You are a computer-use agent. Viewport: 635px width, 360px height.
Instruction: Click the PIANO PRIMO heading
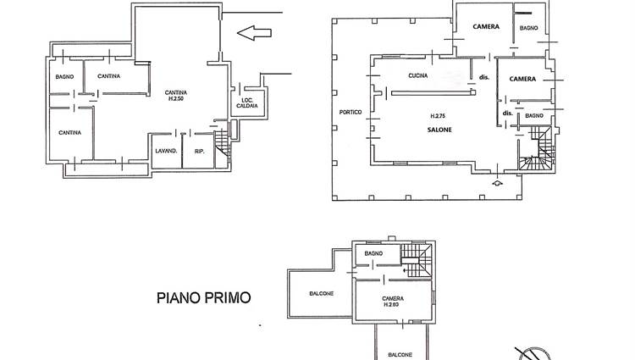[x=204, y=298]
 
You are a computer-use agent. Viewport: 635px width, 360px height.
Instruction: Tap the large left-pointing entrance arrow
[x=254, y=33]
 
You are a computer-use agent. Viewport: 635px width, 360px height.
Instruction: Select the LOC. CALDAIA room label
[x=247, y=102]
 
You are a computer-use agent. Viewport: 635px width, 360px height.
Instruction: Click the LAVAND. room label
[x=166, y=151]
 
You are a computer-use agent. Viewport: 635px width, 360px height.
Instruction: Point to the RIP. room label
[x=199, y=152]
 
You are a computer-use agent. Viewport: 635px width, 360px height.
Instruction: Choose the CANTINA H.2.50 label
[x=176, y=96]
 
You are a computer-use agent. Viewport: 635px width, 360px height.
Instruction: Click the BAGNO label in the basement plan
[x=65, y=76]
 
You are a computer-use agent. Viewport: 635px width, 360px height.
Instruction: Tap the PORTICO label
[x=351, y=112]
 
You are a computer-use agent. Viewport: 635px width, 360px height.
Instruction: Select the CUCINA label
[x=418, y=75]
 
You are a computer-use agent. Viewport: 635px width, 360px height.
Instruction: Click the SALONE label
[x=439, y=130]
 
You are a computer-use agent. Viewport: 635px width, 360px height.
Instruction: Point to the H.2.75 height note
[x=438, y=116]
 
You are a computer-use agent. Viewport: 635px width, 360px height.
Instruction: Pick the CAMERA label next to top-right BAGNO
[x=486, y=27]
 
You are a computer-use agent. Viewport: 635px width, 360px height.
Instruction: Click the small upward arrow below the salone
[x=497, y=183]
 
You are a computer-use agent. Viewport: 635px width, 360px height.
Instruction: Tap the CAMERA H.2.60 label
[x=393, y=302]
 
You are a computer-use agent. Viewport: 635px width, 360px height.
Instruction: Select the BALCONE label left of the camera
[x=322, y=294]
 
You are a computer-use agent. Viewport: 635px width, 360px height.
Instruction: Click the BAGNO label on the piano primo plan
[x=373, y=253]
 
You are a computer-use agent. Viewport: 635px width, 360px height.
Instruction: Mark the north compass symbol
[x=533, y=353]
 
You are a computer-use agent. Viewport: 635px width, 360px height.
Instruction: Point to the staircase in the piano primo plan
[x=417, y=260]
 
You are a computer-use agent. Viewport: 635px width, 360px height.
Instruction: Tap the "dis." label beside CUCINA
[x=484, y=77]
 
